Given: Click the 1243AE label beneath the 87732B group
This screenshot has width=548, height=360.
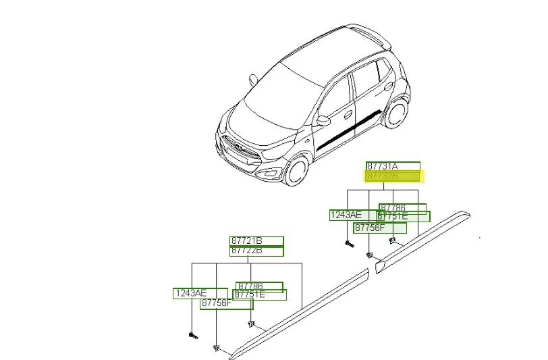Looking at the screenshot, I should (x=346, y=215).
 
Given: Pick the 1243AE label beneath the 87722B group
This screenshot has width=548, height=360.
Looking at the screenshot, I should (x=192, y=293).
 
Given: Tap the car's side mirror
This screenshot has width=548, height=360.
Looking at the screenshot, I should (x=324, y=121).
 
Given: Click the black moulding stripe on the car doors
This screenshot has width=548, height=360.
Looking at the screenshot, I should (x=351, y=130).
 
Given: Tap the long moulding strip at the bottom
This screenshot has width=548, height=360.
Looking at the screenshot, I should (x=297, y=313).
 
